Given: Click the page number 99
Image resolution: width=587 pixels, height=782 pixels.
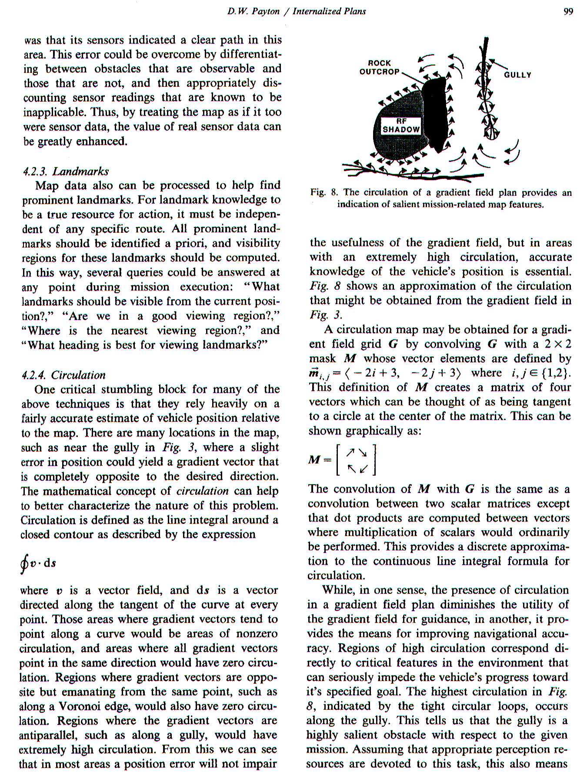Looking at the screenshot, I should [568, 12].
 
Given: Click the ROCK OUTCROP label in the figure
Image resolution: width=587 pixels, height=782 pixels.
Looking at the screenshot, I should [379, 67].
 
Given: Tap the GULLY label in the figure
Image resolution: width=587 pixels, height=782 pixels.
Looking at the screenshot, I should [517, 75].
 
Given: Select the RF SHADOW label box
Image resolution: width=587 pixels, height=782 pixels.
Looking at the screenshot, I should [401, 126].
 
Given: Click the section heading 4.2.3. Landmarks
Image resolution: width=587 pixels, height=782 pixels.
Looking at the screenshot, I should [66, 171].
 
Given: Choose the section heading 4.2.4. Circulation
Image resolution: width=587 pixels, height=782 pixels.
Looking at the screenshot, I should [63, 375].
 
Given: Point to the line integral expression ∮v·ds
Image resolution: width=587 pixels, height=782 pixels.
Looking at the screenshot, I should [38, 563].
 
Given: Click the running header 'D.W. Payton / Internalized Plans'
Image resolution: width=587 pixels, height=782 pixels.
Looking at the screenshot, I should [297, 12].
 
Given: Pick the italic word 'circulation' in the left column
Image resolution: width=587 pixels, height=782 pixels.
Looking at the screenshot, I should [202, 491].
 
